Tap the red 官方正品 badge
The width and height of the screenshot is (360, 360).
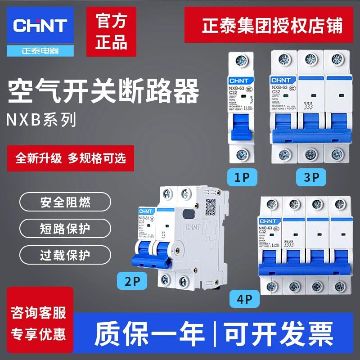[112, 31]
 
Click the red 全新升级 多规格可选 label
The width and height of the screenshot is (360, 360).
[71, 158]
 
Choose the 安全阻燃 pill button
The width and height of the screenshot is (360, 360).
[65, 202]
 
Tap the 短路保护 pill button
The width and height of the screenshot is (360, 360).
[65, 228]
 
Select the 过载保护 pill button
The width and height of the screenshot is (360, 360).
[65, 254]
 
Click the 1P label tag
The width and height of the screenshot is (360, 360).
[242, 176]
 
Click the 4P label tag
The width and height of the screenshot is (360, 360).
[243, 297]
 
